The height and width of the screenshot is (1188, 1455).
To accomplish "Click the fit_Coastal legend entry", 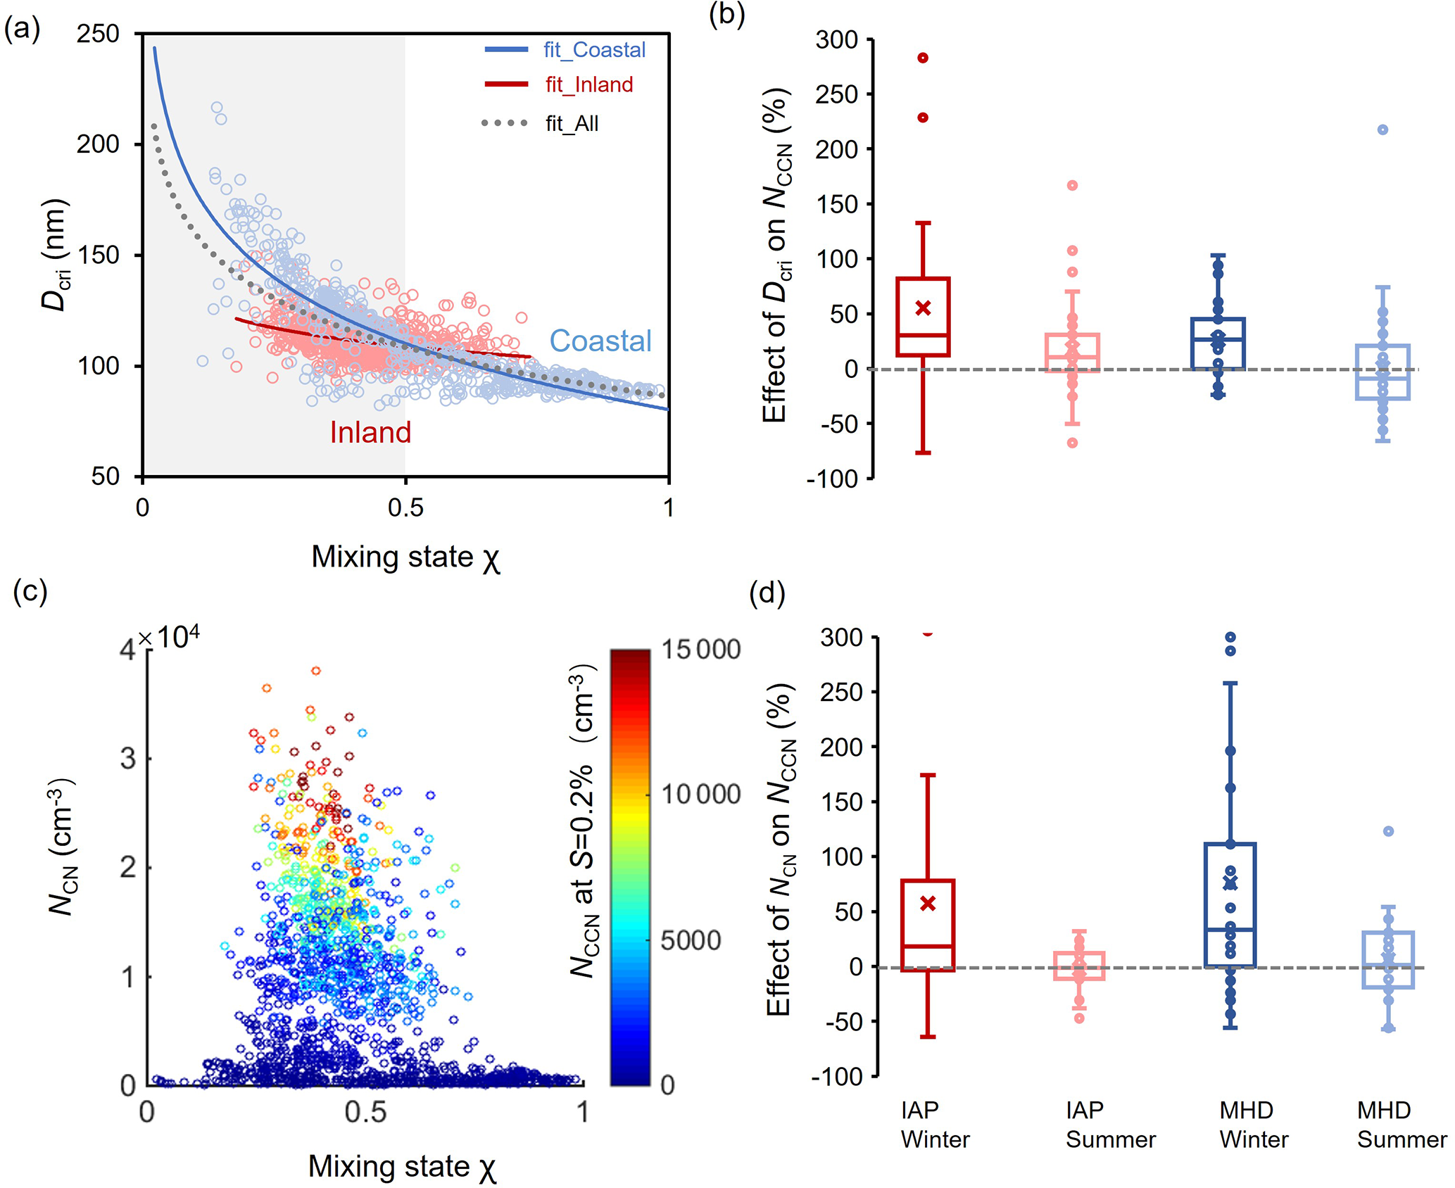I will pos(593,50).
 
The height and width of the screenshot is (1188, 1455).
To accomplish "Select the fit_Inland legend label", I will pos(588,85).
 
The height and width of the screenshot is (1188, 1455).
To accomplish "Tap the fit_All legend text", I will pos(572,124).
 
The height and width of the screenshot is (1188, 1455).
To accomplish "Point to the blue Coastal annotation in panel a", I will pos(600,341).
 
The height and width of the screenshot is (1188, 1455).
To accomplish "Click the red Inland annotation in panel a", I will pos(370,432).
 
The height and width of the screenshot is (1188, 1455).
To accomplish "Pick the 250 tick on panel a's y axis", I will pos(98,34).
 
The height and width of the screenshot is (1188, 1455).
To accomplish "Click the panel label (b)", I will pos(726,15).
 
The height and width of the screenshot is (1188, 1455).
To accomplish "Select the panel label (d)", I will pos(767,593).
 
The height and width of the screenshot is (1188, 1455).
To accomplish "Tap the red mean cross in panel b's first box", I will pos(923,308).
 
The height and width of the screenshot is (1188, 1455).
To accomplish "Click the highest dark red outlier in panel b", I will pos(923,58).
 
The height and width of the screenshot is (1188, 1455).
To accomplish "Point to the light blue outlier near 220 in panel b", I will pos(1382,129).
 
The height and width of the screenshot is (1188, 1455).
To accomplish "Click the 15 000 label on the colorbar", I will pos(700,650).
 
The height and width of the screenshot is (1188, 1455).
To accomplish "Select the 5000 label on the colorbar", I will pos(691,940).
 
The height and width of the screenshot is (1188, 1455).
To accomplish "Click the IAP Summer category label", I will pos(1110,1125).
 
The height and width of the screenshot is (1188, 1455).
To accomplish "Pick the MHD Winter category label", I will pos(1253,1125).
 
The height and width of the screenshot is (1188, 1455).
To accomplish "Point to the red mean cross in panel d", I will pos(928,903).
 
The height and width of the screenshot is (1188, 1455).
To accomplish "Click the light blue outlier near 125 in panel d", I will pos(1388,831).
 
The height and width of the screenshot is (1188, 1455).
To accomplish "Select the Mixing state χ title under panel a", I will pos(405,557).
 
